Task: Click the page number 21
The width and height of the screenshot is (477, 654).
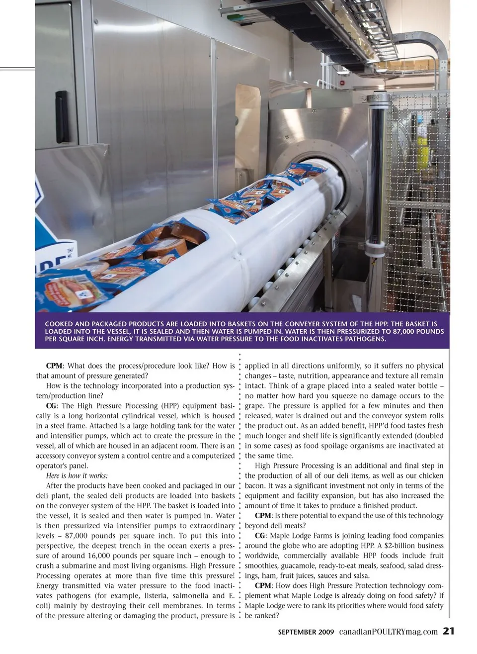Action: [x=449, y=631]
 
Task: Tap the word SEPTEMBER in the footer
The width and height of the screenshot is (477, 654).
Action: [x=297, y=632]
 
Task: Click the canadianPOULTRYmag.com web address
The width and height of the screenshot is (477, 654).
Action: [x=389, y=632]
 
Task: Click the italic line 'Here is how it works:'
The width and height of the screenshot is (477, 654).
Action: [x=77, y=475]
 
